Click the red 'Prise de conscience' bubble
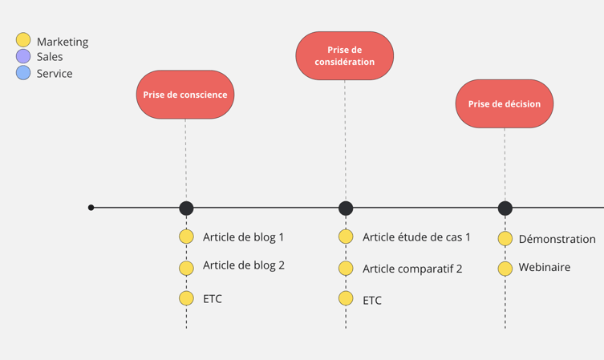(185, 95)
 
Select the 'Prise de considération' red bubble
(345, 56)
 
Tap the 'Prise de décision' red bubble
(505, 103)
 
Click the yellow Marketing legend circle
(23, 40)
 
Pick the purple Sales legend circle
(23, 56)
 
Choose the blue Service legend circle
(23, 73)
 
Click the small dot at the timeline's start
(91, 208)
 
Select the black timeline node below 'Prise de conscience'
(186, 208)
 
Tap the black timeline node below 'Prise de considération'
(346, 208)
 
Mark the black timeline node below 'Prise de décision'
(505, 208)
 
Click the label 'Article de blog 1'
(243, 237)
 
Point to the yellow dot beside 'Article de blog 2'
(186, 268)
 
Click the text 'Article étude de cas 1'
(416, 237)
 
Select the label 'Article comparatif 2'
(412, 269)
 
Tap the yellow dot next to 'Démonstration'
(505, 238)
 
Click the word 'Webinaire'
(545, 267)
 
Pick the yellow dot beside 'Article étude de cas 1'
(346, 237)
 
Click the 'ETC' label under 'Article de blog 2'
(213, 299)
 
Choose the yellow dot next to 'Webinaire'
(505, 269)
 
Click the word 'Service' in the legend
(55, 74)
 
